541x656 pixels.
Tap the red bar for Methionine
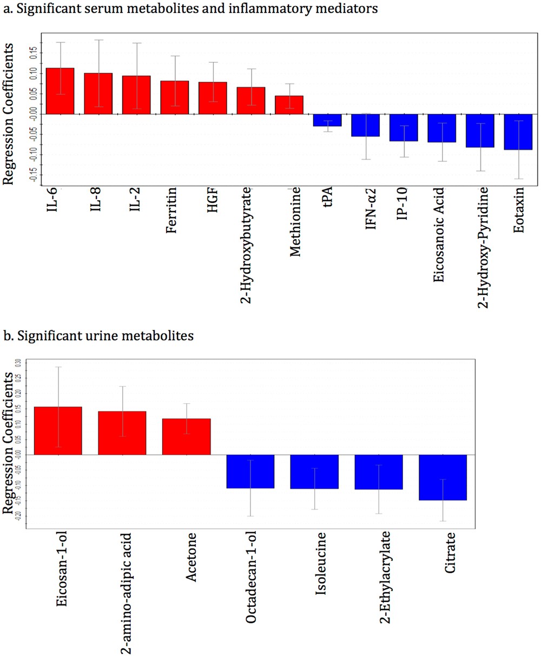(x=289, y=105)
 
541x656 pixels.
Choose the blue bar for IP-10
(x=404, y=128)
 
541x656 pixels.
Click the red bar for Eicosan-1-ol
(x=58, y=431)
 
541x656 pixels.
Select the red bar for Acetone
(x=187, y=437)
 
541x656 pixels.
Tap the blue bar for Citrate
(x=443, y=477)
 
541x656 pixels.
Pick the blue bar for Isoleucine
(x=314, y=472)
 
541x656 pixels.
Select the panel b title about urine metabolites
(x=98, y=336)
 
